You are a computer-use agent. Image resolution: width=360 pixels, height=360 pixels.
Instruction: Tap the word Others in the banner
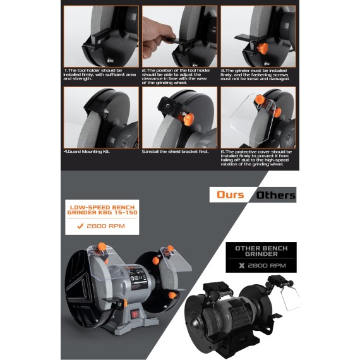pos(275,195)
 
